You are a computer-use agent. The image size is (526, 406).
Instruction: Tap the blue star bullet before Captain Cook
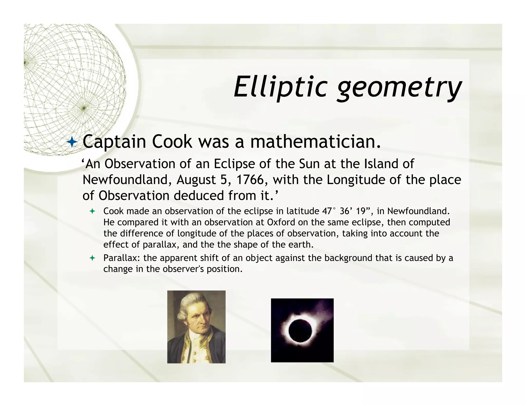pyautogui.click(x=72, y=142)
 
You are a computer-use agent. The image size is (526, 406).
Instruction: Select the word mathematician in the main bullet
pyautogui.click(x=315, y=142)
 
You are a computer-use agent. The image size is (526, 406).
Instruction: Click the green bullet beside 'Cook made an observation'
pyautogui.click(x=92, y=211)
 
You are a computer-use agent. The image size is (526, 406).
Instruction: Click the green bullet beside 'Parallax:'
pyautogui.click(x=92, y=258)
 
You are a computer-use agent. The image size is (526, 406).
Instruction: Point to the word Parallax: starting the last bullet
pyautogui.click(x=122, y=258)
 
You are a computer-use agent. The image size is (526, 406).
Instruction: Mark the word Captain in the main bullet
pyautogui.click(x=114, y=142)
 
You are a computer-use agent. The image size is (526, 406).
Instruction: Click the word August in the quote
pyautogui.click(x=196, y=180)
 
